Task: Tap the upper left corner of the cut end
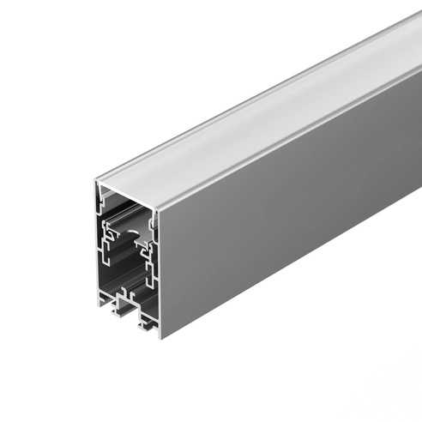point(97,181)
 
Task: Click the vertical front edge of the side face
point(160,274)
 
